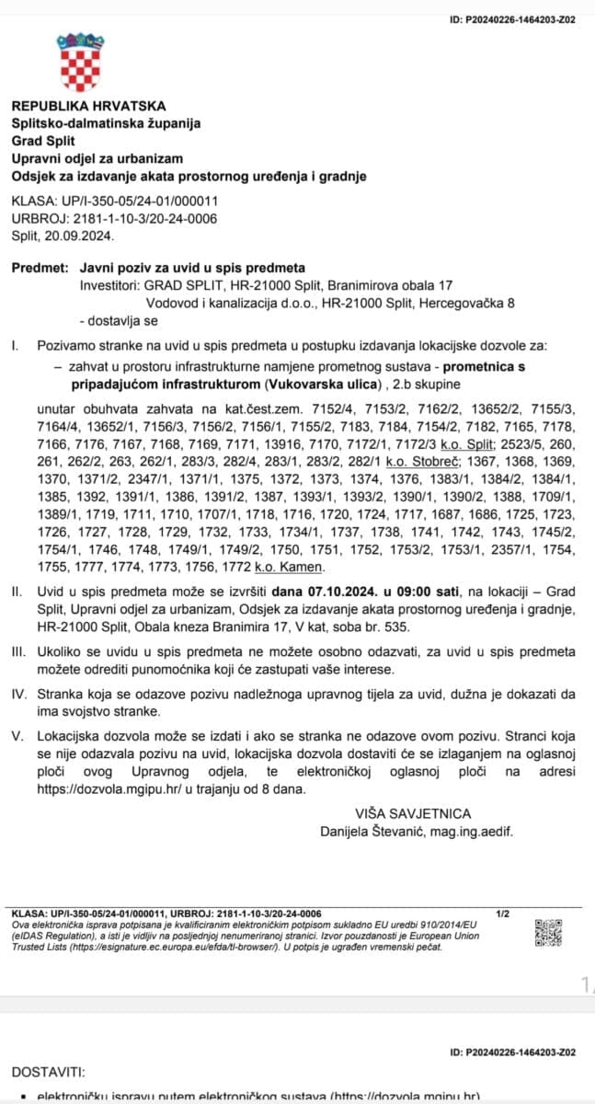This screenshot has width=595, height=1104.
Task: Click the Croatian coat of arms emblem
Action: tap(81, 62)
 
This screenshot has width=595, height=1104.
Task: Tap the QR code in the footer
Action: tap(548, 933)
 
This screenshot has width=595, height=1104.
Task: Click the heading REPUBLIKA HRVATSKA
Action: tap(88, 106)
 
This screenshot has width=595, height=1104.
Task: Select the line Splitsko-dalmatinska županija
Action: tap(106, 123)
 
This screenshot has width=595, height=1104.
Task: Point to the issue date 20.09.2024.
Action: tap(82, 236)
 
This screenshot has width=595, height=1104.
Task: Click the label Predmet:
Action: tap(40, 269)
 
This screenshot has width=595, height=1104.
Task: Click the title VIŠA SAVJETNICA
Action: tap(412, 813)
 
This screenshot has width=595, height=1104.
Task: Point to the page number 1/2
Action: tap(502, 914)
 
